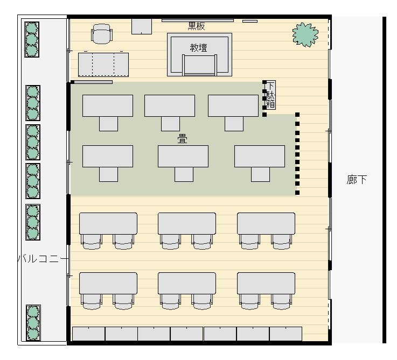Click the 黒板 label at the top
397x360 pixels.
click(x=196, y=26)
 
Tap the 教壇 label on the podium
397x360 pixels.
click(x=198, y=47)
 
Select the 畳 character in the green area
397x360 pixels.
click(x=182, y=139)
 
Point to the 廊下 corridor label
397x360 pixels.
click(x=357, y=180)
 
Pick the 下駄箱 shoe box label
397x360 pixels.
click(x=270, y=95)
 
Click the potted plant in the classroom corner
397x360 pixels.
click(x=305, y=34)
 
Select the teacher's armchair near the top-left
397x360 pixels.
click(x=101, y=34)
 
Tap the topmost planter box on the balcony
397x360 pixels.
click(x=32, y=39)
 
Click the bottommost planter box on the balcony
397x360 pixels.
click(x=33, y=323)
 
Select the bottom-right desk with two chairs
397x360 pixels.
click(x=266, y=291)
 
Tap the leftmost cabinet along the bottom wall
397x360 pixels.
click(x=89, y=334)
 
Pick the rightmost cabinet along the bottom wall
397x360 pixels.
click(x=285, y=334)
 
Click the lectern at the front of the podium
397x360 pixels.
click(x=199, y=65)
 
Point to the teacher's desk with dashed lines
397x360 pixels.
click(x=103, y=65)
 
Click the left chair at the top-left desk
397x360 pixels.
click(x=92, y=242)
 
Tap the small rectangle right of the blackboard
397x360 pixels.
click(x=250, y=21)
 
